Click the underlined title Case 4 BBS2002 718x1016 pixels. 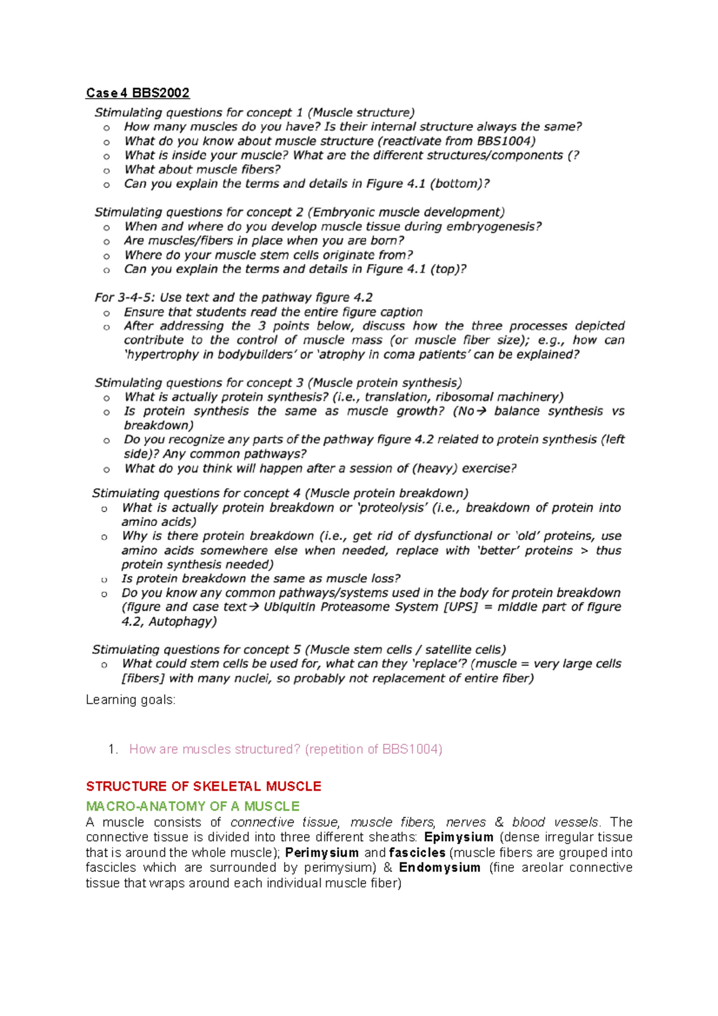(138, 93)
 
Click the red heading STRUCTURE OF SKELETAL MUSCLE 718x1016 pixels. (203, 786)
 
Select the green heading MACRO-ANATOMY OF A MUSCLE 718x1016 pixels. (193, 806)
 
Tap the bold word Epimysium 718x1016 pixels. (458, 837)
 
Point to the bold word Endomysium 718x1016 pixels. (440, 868)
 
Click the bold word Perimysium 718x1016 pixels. (322, 853)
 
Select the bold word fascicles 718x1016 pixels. (417, 853)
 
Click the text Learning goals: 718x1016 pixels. (130, 699)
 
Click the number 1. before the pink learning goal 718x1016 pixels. (113, 749)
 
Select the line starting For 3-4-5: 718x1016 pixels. (233, 297)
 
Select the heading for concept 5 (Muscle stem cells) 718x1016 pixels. (299, 650)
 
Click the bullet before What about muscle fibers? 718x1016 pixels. (107, 171)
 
